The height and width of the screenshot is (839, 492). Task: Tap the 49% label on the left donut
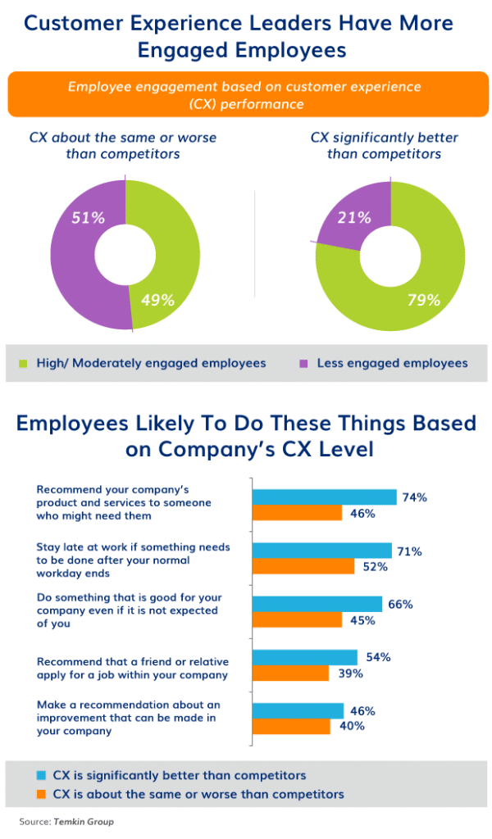(157, 300)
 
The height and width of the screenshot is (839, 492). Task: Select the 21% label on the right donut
(354, 218)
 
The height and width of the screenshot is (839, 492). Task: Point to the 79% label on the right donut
(423, 300)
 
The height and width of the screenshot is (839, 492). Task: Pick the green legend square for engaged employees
(23, 363)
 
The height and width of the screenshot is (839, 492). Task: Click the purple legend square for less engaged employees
(303, 363)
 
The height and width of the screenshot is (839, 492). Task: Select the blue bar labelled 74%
(325, 497)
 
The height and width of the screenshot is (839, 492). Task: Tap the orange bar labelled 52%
(303, 566)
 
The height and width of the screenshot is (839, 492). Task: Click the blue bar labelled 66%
(317, 604)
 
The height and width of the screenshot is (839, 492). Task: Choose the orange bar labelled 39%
(291, 673)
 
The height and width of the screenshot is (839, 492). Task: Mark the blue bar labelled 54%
(305, 657)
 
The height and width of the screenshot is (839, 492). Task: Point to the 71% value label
(410, 551)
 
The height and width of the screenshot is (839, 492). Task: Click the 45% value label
(362, 620)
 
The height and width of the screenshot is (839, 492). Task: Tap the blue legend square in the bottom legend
(40, 774)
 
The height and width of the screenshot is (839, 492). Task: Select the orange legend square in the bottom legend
(40, 793)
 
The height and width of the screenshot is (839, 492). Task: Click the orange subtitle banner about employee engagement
(245, 95)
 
